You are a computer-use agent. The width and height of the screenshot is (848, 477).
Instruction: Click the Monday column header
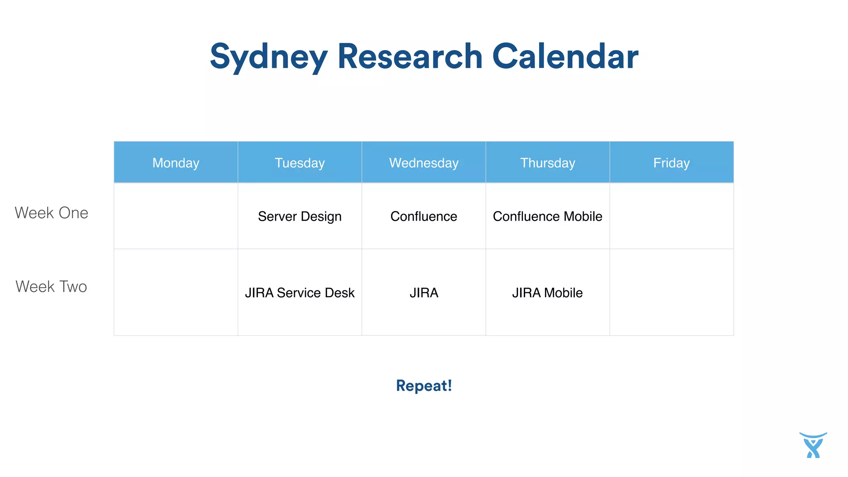tap(176, 163)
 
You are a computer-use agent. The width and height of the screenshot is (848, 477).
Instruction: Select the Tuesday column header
tap(300, 163)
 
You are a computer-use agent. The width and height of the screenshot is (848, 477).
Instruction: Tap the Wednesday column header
tap(424, 163)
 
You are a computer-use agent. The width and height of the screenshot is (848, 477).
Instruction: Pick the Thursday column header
tap(547, 163)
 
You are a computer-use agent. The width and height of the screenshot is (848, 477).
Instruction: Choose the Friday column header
tap(671, 163)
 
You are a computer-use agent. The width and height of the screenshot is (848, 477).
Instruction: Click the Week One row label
tap(51, 213)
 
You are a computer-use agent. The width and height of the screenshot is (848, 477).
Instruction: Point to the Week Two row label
tap(51, 287)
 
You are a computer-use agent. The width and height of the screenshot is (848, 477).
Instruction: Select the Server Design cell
tap(300, 216)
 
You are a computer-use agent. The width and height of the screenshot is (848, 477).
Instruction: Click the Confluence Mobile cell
tap(547, 216)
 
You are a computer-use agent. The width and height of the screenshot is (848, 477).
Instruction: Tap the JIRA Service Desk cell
tap(300, 293)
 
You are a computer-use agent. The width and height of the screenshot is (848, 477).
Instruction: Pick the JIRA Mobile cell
tap(547, 293)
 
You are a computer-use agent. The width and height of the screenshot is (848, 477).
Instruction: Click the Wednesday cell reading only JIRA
tap(424, 293)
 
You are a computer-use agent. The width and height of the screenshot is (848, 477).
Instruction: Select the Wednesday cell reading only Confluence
tap(424, 216)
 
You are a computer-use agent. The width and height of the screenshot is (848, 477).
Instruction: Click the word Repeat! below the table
tap(424, 385)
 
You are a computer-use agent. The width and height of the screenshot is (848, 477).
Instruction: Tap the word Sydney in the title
tap(269, 57)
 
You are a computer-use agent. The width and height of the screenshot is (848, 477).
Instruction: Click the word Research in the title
tap(410, 57)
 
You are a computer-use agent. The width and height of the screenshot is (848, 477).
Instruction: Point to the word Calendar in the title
tap(565, 57)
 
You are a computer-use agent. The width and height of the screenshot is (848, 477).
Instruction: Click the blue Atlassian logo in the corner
tap(813, 445)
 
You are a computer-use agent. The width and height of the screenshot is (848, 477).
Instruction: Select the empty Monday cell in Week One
tap(176, 216)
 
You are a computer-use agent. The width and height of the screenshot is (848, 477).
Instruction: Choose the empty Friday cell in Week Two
tap(671, 292)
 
